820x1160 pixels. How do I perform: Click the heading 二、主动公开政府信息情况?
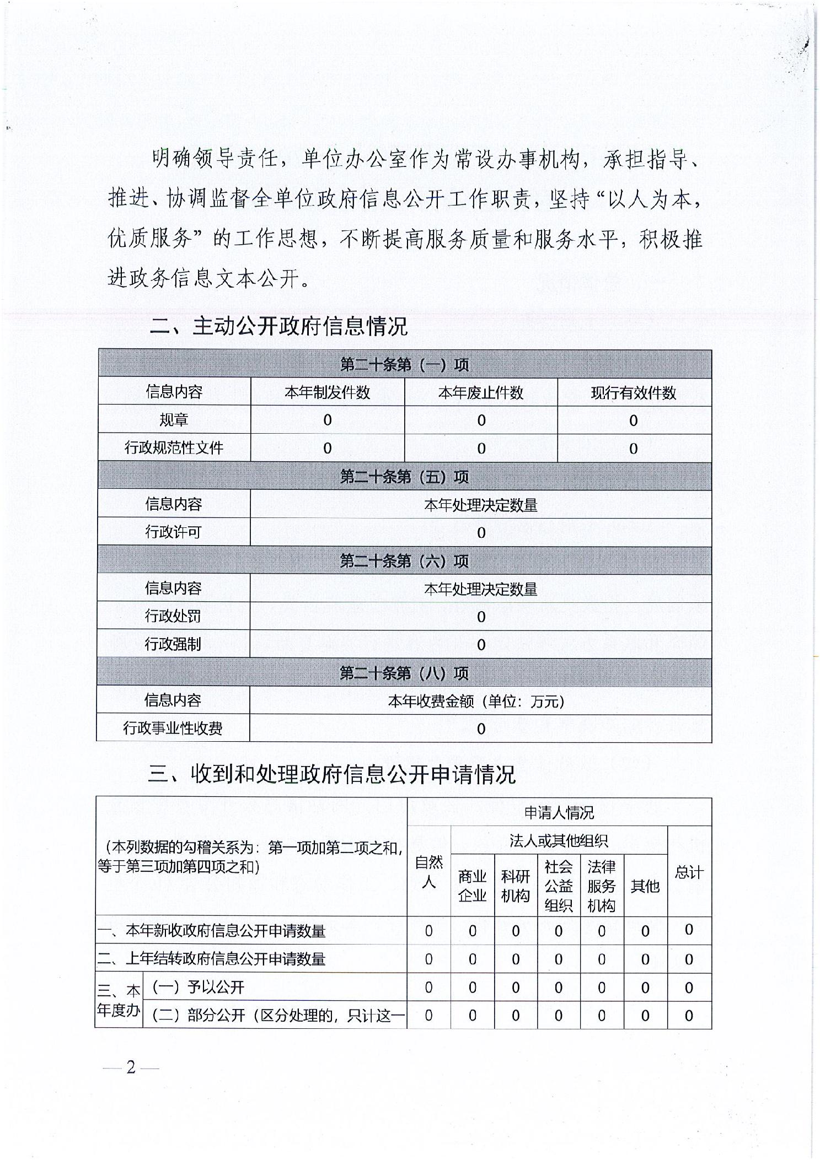click(278, 326)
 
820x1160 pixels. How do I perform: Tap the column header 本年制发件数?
click(327, 392)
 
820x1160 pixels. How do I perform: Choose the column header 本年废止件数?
click(481, 392)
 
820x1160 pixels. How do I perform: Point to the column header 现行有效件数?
click(634, 392)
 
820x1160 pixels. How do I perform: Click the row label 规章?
click(174, 420)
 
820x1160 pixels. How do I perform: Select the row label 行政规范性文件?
click(174, 447)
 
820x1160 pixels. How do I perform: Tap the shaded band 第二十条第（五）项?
click(404, 477)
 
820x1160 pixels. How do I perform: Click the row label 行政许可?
click(173, 532)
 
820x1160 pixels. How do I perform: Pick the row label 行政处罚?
click(173, 616)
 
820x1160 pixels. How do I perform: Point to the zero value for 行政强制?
click(481, 644)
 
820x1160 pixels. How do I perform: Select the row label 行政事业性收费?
click(173, 729)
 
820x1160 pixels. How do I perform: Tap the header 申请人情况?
click(559, 812)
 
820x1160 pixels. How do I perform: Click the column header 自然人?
click(428, 871)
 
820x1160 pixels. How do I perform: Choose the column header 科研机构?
click(515, 886)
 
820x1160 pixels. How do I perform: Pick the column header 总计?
click(689, 872)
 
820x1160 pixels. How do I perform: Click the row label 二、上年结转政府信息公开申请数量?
click(211, 959)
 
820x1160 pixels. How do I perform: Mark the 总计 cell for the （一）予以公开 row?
click(689, 988)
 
